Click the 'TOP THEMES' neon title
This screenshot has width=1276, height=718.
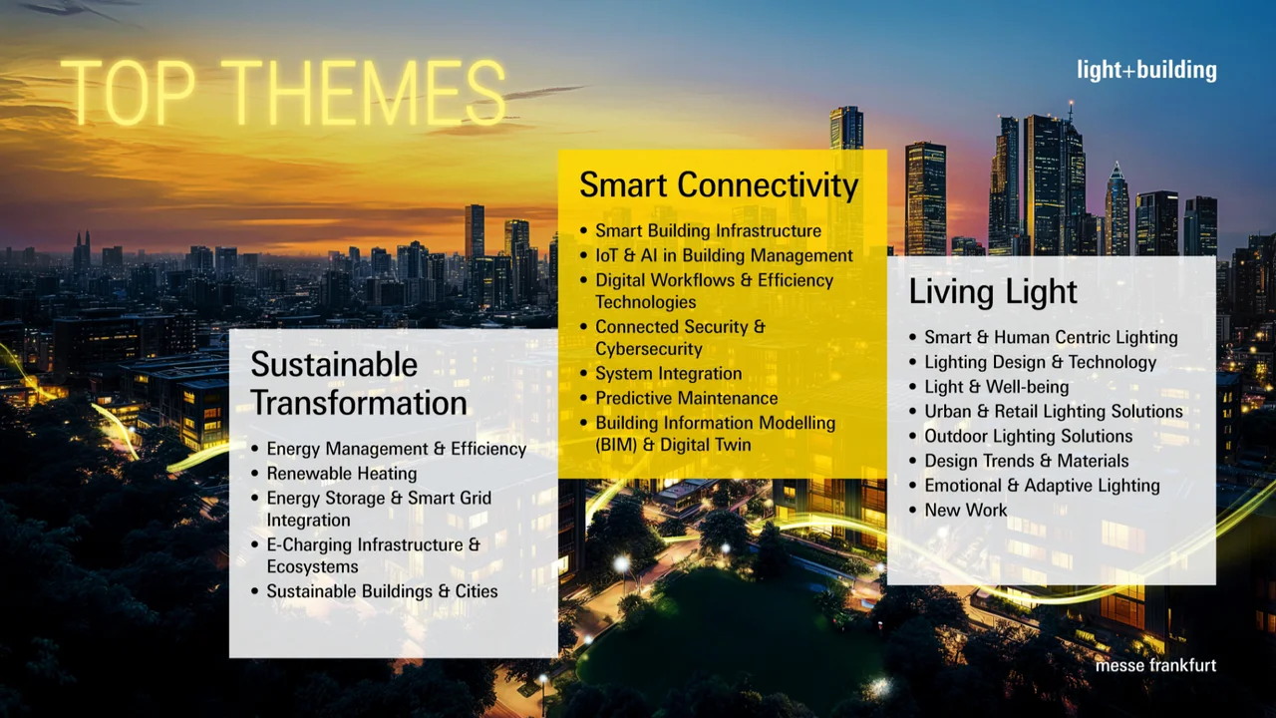pos(283,93)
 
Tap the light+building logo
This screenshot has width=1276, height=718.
pos(1146,70)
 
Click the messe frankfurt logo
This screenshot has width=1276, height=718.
pos(1155,665)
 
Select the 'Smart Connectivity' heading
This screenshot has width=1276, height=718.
pos(719,185)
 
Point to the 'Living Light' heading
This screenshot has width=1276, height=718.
pos(993,292)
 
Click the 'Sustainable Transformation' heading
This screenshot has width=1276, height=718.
pos(359,384)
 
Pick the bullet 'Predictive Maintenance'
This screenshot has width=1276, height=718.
pos(686,398)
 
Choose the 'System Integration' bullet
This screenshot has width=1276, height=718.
pos(668,374)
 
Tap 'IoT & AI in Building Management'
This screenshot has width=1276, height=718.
pos(724,256)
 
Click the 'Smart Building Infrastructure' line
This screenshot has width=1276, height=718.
pos(708,231)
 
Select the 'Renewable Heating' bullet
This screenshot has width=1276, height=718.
pos(341,474)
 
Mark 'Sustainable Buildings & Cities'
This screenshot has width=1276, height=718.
pos(382,591)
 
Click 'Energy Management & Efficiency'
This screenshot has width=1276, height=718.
pos(396,449)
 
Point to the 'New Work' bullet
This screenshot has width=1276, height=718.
pos(965,511)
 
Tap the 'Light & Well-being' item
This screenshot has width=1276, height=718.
pos(996,387)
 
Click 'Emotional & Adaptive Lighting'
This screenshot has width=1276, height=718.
pos(1042,486)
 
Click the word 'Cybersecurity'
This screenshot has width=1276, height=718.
pos(649,349)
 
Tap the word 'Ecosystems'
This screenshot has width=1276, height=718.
pos(312,566)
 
